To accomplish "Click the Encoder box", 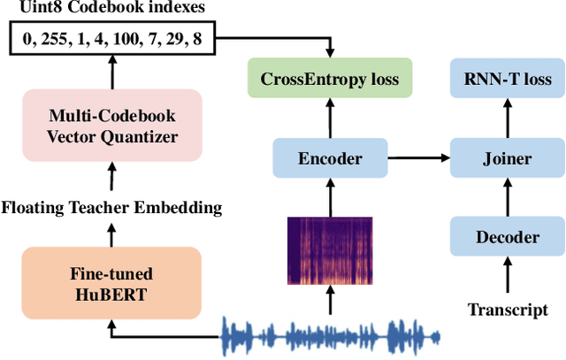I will (330, 159).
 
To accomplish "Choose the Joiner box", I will (507, 159).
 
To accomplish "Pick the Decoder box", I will (507, 237).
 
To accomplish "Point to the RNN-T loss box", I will (507, 80).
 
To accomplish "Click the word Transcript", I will (507, 310).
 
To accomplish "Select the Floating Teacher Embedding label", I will (111, 208).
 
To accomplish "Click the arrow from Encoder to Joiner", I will (419, 159).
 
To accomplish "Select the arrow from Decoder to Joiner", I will (507, 198).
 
